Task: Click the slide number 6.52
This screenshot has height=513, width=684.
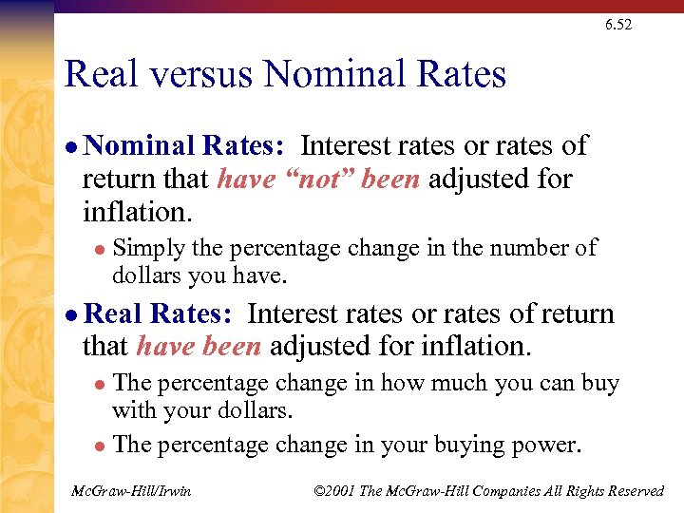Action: (617, 25)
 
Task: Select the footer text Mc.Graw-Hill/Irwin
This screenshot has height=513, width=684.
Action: (131, 490)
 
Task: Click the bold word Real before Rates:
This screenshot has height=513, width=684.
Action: (115, 314)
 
